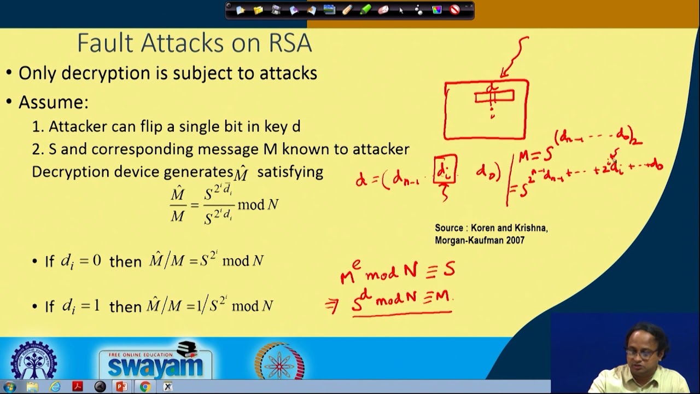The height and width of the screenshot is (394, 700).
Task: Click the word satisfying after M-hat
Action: tap(290, 172)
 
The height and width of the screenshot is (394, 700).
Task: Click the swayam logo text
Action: tap(155, 366)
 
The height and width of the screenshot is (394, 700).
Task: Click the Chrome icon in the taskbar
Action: tap(145, 387)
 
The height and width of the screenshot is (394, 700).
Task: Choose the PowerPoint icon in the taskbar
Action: tap(121, 387)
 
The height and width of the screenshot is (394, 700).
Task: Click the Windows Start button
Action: tap(9, 387)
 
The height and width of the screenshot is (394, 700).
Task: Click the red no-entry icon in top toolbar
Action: tap(454, 10)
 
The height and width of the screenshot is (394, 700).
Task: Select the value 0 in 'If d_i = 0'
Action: tap(96, 260)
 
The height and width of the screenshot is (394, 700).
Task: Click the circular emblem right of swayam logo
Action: tap(279, 362)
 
